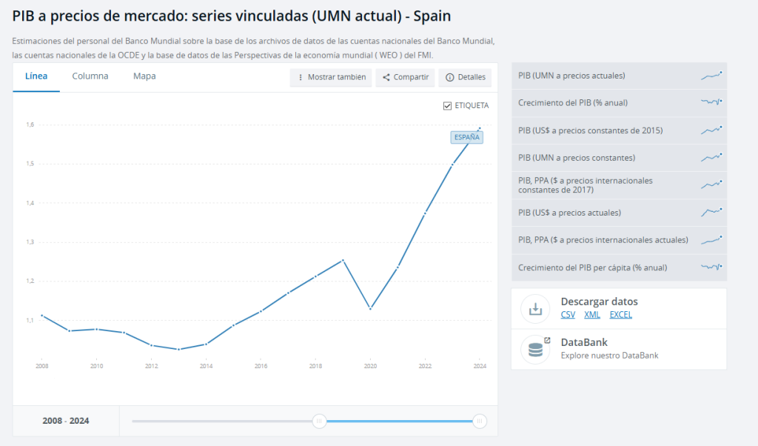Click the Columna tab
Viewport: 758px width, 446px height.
coord(90,76)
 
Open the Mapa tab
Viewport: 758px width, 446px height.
coord(144,76)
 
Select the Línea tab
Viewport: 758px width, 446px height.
coord(36,76)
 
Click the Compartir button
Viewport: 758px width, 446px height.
coord(406,77)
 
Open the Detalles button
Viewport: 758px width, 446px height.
coord(466,77)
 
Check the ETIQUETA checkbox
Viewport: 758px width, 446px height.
coord(447,106)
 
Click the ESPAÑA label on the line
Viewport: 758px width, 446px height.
coord(466,137)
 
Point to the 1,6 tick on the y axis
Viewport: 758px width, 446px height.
coord(30,124)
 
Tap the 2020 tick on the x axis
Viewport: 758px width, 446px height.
coord(370,365)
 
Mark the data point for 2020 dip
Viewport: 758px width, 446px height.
coord(370,308)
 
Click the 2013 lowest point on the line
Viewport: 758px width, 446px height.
coord(178,349)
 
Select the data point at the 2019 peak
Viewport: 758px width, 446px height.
coord(343,260)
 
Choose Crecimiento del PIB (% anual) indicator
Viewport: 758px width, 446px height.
coord(573,103)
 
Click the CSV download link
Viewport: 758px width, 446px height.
coord(568,315)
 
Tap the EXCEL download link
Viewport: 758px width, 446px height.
coord(620,315)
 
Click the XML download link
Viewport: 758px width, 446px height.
coord(592,315)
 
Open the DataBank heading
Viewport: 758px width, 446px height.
coord(584,342)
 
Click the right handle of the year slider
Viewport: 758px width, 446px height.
coord(480,422)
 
